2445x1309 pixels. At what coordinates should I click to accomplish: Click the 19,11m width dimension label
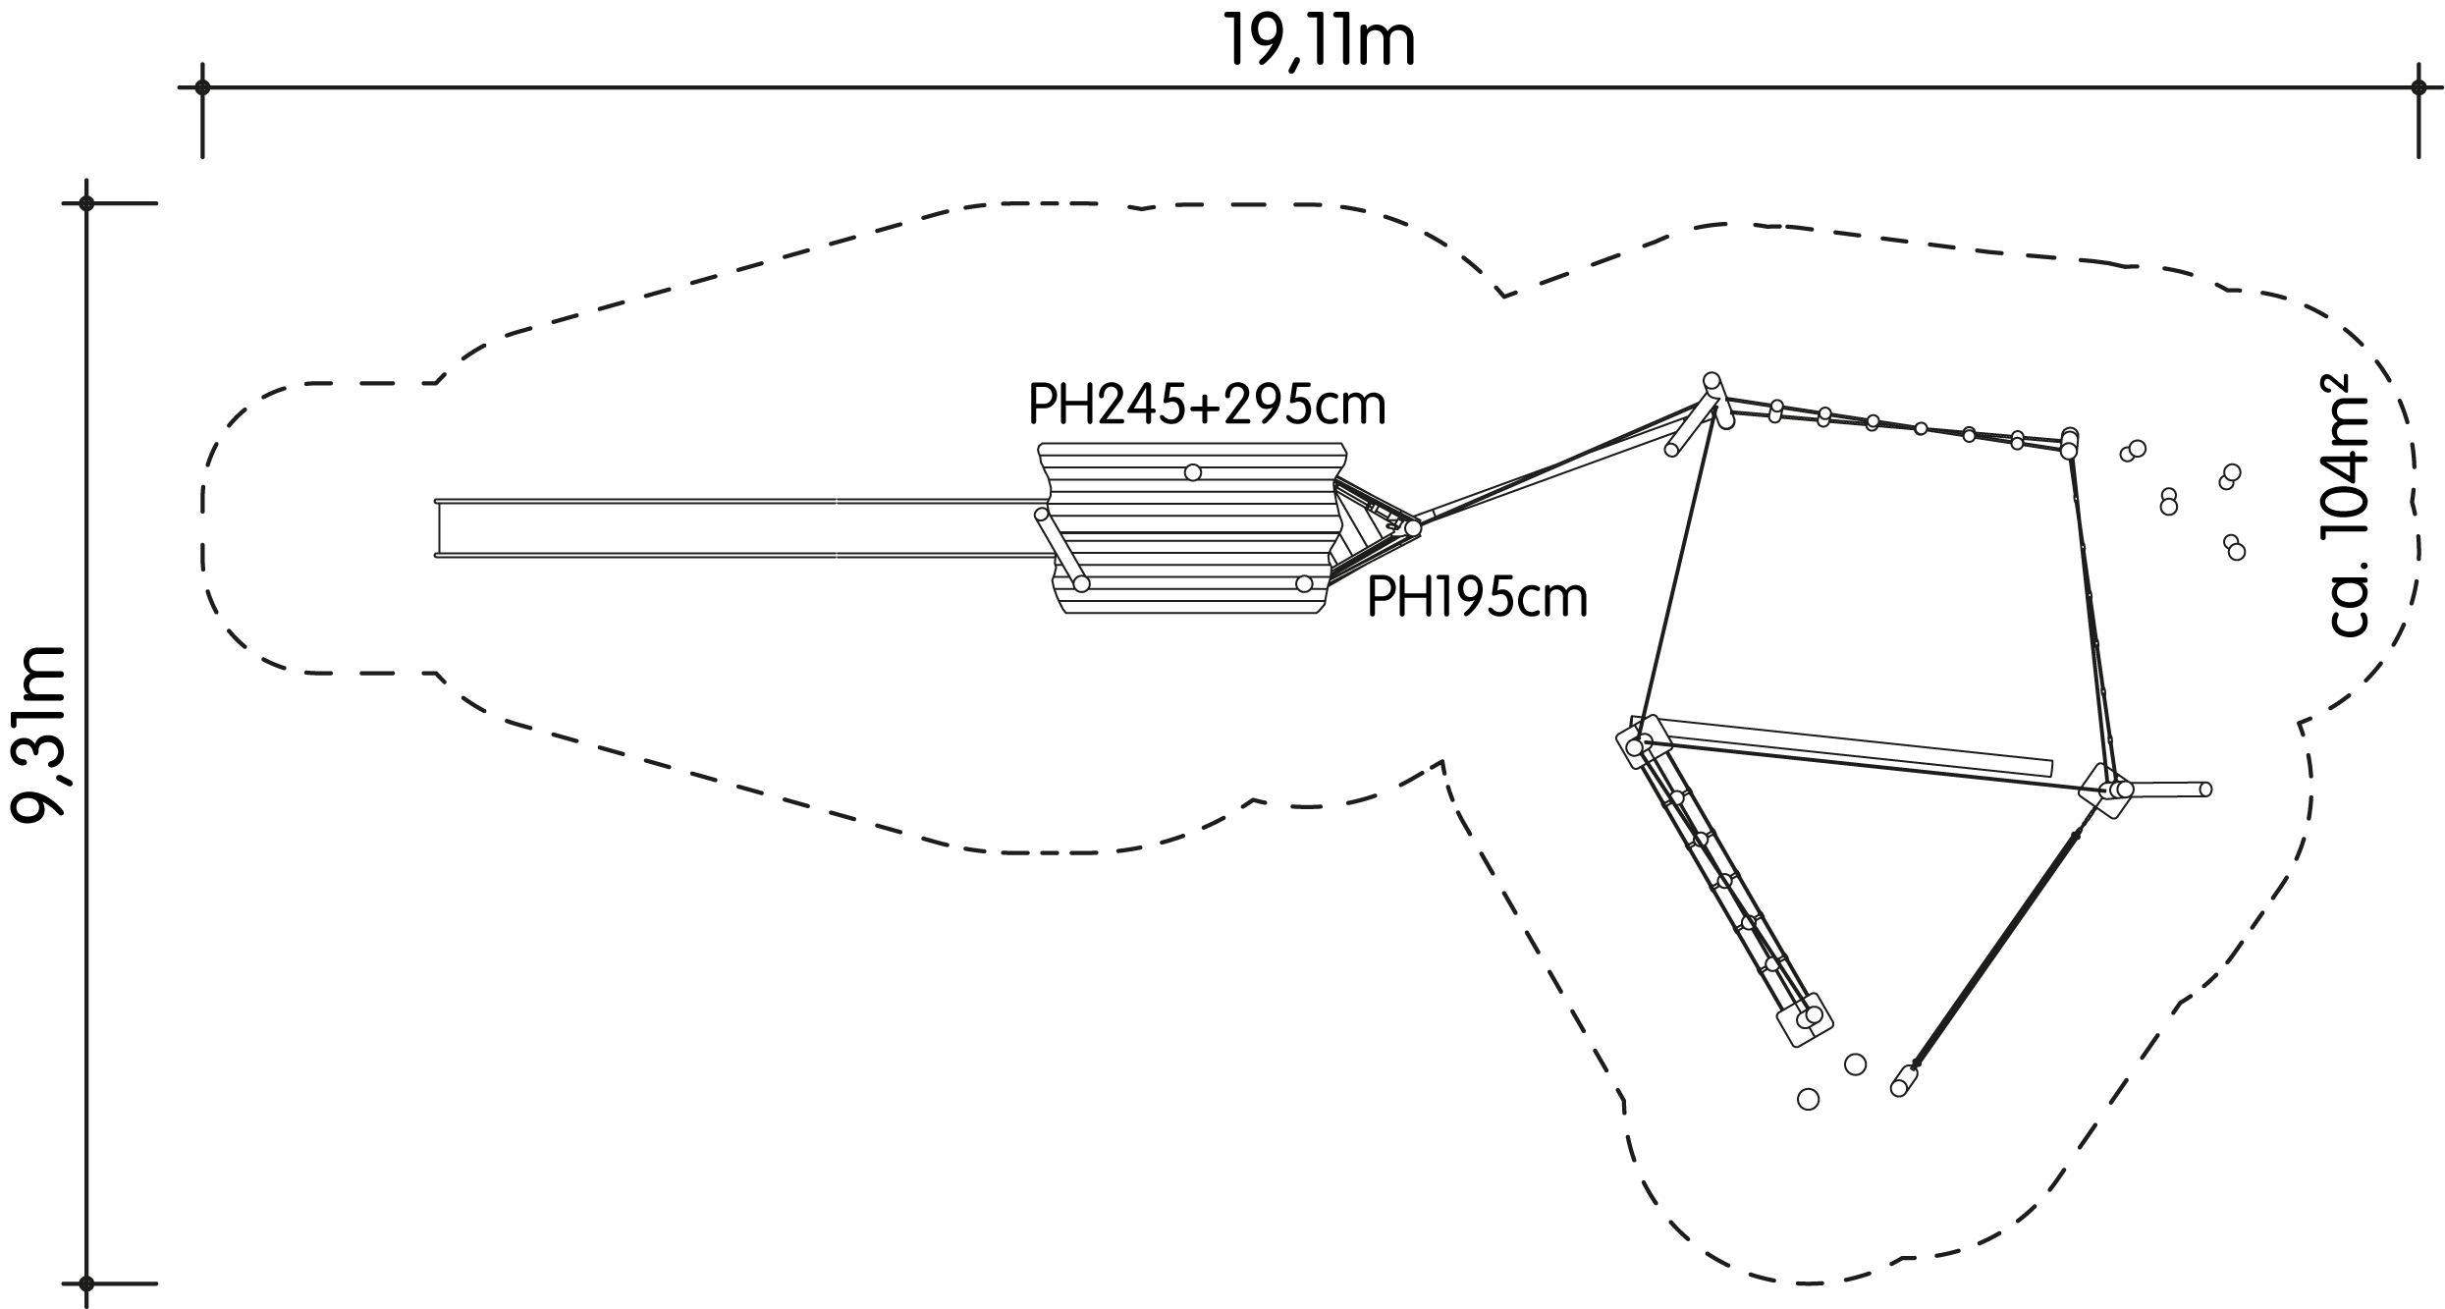(1319, 42)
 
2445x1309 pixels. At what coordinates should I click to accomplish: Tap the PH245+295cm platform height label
(1207, 404)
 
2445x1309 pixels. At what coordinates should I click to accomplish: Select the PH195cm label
(1477, 597)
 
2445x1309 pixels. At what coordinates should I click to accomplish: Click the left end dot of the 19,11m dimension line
(202, 87)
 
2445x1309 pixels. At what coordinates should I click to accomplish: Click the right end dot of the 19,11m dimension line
(2418, 87)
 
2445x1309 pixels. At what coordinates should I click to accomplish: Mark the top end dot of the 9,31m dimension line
(86, 203)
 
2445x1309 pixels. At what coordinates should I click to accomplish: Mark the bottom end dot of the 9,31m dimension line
(86, 1282)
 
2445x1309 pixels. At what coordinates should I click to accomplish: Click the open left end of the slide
(438, 528)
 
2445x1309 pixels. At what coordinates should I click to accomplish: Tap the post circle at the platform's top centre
(1193, 472)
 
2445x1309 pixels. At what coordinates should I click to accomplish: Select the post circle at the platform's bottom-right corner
(1304, 584)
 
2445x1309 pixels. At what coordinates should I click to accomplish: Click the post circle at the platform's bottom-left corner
(1081, 584)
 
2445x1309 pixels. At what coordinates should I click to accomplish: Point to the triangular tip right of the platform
(1413, 528)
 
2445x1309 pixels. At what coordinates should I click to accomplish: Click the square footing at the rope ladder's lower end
(1805, 1019)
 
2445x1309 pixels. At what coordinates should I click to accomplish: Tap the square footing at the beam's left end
(1644, 742)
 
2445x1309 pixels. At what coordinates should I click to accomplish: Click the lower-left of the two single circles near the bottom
(1808, 1099)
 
